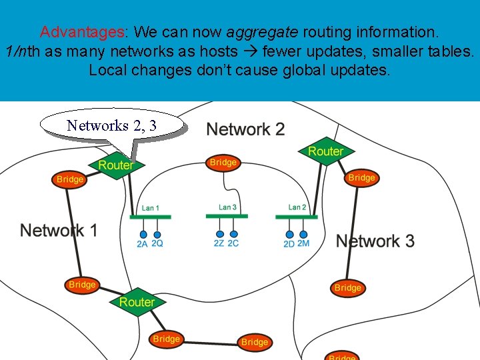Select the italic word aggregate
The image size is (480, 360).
[x=264, y=31]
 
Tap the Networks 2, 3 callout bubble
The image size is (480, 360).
[x=111, y=125]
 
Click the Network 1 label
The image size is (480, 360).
[x=59, y=231]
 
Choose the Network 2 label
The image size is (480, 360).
[x=245, y=129]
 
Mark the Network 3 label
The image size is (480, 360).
[x=375, y=241]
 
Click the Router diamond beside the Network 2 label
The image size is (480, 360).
[x=325, y=152]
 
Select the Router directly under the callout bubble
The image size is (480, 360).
[x=115, y=165]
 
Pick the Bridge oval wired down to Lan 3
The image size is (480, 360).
[x=223, y=162]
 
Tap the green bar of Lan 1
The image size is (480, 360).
[x=150, y=217]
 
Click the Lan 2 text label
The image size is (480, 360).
[x=297, y=207]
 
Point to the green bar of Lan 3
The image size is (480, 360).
[x=227, y=216]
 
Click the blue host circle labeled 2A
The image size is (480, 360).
[x=143, y=235]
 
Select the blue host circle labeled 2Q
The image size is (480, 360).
[x=157, y=234]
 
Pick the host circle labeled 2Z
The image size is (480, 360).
[x=220, y=234]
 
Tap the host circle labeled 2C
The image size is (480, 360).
[x=234, y=234]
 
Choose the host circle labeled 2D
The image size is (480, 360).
[x=290, y=234]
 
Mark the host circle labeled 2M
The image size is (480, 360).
[x=303, y=234]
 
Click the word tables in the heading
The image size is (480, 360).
[x=451, y=51]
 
